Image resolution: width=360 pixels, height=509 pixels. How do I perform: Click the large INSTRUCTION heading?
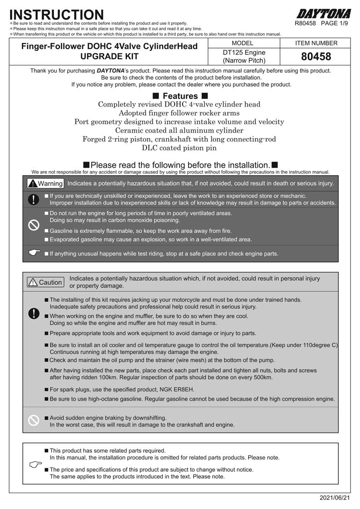coord(57,15)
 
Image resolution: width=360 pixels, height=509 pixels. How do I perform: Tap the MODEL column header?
coord(245,43)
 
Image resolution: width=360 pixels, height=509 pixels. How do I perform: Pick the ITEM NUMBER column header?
coord(316,43)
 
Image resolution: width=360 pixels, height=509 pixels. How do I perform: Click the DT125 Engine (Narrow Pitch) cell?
coord(245,57)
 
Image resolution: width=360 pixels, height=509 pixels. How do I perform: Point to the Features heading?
coord(180,96)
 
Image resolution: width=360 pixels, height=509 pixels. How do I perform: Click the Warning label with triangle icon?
coord(45,184)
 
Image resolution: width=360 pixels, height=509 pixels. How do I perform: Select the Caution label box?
coord(45,282)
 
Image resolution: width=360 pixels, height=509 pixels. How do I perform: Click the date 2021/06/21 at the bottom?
coord(335,498)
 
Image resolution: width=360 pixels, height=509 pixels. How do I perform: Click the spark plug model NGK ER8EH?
coord(178,389)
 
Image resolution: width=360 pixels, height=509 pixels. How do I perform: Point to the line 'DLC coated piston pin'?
coord(180,148)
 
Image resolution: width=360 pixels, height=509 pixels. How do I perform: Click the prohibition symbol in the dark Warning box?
coord(34,225)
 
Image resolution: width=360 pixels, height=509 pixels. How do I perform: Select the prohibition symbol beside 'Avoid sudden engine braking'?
coord(34,421)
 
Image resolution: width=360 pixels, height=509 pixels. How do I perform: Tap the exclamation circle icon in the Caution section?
coord(34,313)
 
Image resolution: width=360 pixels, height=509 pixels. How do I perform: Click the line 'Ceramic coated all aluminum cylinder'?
coord(180,131)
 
